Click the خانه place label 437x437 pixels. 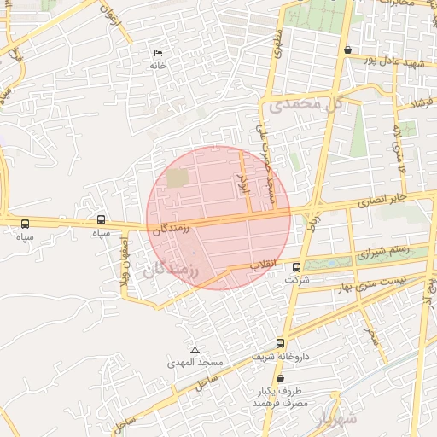click(157, 66)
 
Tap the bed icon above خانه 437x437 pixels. click(157, 53)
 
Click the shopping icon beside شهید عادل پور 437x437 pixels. click(347, 50)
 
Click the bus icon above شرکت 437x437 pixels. click(296, 267)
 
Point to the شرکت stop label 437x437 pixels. click(295, 280)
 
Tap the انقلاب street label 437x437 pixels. click(263, 266)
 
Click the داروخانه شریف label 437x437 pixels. click(282, 356)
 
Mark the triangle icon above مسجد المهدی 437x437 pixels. click(195, 350)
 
